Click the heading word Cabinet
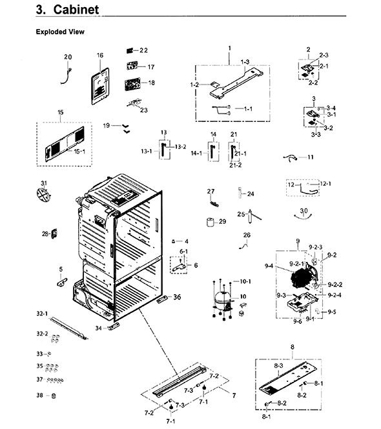[x=76, y=10]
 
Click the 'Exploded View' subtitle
[x=60, y=32]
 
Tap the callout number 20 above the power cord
[x=68, y=57]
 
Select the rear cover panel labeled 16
[x=100, y=86]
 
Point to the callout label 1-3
[x=245, y=62]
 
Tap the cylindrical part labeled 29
[x=210, y=222]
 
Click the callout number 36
[x=177, y=297]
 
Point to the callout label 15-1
[x=79, y=152]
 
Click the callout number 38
[x=40, y=395]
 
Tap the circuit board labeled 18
[x=133, y=84]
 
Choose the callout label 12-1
[x=325, y=184]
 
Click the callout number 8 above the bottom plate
[x=293, y=347]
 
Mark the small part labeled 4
[x=173, y=241]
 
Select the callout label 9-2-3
[x=316, y=247]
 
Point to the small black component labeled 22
[x=130, y=50]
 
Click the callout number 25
[x=241, y=214]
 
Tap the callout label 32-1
[x=42, y=314]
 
